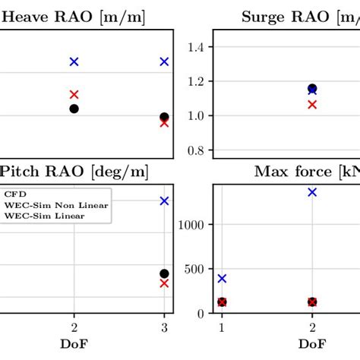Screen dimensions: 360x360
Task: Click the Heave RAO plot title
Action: point(73,16)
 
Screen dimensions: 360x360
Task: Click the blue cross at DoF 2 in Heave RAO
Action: point(74,62)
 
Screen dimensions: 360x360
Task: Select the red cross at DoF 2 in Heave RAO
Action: point(74,95)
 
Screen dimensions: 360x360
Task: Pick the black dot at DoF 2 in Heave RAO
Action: point(74,109)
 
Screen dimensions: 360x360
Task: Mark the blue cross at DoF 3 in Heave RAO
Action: point(164,62)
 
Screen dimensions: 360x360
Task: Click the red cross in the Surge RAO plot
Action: point(312,104)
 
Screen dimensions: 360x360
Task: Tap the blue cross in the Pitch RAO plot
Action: point(164,201)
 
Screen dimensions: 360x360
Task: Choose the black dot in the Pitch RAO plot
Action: point(164,273)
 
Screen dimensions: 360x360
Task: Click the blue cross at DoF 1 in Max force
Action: point(222,279)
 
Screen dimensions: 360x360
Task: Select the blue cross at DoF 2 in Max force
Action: point(312,192)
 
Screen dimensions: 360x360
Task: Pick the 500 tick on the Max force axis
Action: point(194,269)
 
